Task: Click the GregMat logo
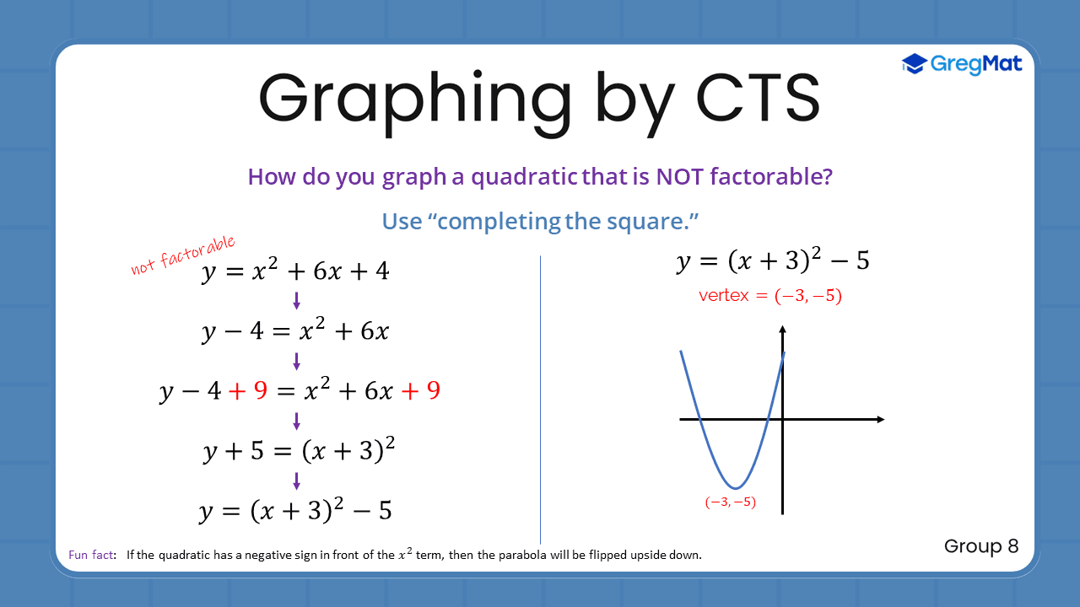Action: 962,63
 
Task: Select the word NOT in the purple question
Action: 680,177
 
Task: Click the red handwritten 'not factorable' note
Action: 183,255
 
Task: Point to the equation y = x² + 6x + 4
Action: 295,271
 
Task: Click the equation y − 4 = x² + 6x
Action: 295,331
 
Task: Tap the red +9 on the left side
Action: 248,391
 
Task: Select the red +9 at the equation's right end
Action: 421,391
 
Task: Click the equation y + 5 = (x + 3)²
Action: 300,451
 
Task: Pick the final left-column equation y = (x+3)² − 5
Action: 295,511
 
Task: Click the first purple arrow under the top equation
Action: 296,301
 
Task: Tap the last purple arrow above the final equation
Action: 296,481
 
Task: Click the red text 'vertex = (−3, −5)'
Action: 770,296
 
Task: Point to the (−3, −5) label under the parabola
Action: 731,502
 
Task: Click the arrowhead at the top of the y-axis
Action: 783,329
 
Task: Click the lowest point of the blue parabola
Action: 737,488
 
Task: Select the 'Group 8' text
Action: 981,546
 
